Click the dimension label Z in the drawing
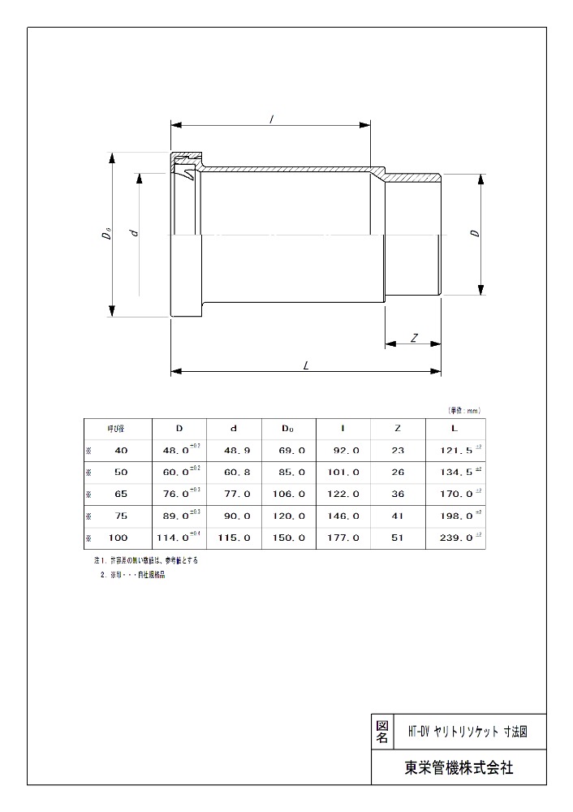[414, 337]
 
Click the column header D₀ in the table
[288, 428]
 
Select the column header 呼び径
[116, 428]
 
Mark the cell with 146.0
[345, 516]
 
